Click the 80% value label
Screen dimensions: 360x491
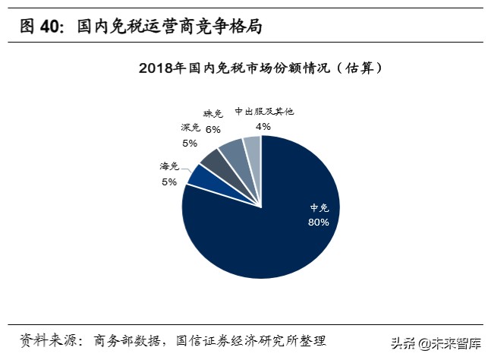pyautogui.click(x=318, y=222)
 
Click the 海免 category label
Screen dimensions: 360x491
pyautogui.click(x=168, y=166)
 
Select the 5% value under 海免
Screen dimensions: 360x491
pyautogui.click(x=168, y=182)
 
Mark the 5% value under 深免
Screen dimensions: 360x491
pyautogui.click(x=189, y=143)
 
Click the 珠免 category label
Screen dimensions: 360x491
pyautogui.click(x=214, y=114)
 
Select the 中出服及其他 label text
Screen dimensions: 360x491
pyautogui.click(x=263, y=111)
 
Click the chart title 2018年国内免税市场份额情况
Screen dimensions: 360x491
pyautogui.click(x=260, y=68)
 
